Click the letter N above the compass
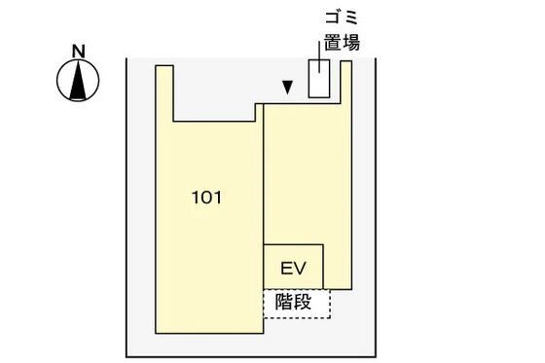(x=79, y=51)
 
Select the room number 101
(x=206, y=198)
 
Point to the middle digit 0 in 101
(x=206, y=198)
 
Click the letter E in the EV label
(x=286, y=268)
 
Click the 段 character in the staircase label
(x=304, y=303)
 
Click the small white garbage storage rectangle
(x=318, y=79)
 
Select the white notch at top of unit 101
(x=217, y=92)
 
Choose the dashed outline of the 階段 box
(x=330, y=304)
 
